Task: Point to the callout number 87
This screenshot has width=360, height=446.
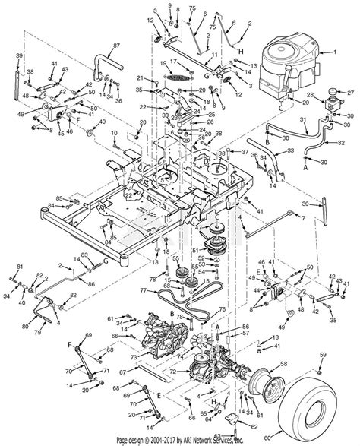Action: coord(116,46)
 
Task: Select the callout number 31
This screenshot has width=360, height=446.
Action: coord(302,120)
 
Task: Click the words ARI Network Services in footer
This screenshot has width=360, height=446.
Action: coord(242,440)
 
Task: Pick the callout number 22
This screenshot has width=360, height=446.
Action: coord(143,108)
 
